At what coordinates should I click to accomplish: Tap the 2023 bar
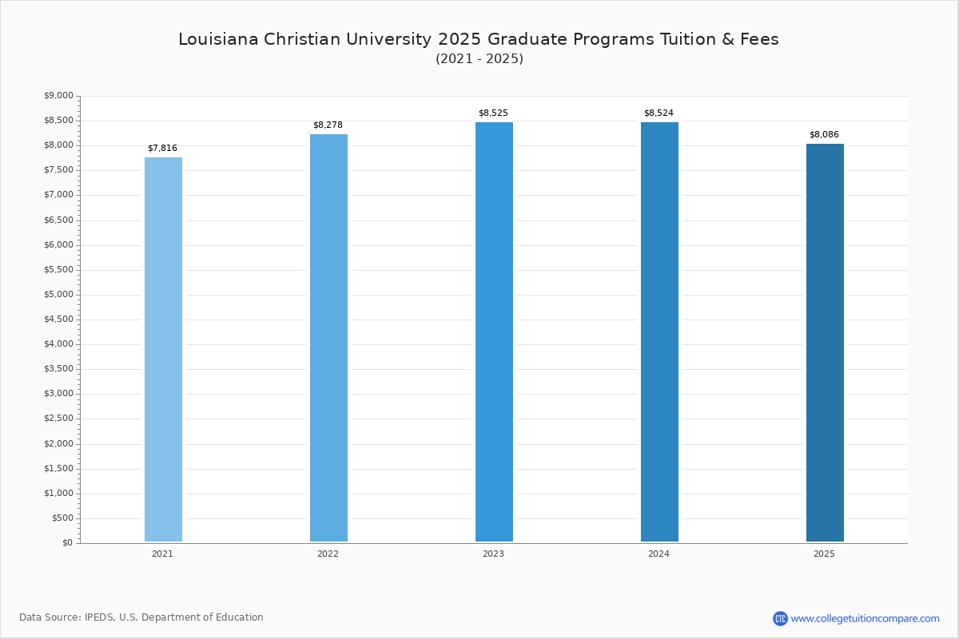pos(494,331)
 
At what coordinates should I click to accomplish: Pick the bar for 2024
pos(659,331)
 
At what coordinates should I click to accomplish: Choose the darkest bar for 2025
pos(825,343)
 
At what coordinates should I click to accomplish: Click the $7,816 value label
pos(162,149)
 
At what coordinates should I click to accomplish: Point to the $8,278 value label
pos(328,125)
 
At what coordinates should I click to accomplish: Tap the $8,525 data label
pos(493,113)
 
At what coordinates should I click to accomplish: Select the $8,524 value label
pos(659,113)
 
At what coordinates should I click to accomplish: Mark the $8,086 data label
pos(824,135)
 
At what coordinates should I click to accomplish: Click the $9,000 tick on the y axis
pos(58,96)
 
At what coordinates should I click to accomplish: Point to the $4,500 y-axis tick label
pos(58,319)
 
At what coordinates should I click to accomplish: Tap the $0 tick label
pos(67,543)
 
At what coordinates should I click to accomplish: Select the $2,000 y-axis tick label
pos(58,444)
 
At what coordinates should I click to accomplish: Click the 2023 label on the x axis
pos(493,554)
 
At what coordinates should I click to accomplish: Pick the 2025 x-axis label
pos(824,554)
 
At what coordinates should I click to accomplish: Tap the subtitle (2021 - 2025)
pos(479,59)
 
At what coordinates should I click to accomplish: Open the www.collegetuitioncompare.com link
pos(865,618)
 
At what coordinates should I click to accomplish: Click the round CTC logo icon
pos(780,618)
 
